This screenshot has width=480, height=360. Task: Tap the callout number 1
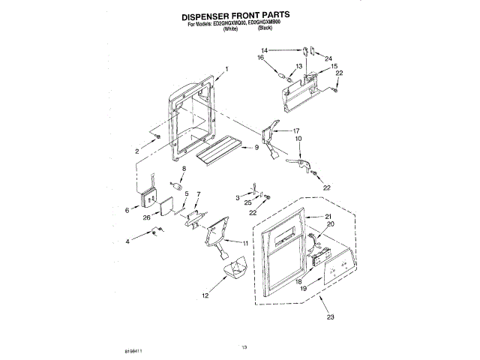point(226,70)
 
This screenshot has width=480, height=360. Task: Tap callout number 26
point(148,218)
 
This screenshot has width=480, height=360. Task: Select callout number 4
point(127,241)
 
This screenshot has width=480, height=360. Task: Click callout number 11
point(246,242)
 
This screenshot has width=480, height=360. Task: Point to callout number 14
point(285,50)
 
